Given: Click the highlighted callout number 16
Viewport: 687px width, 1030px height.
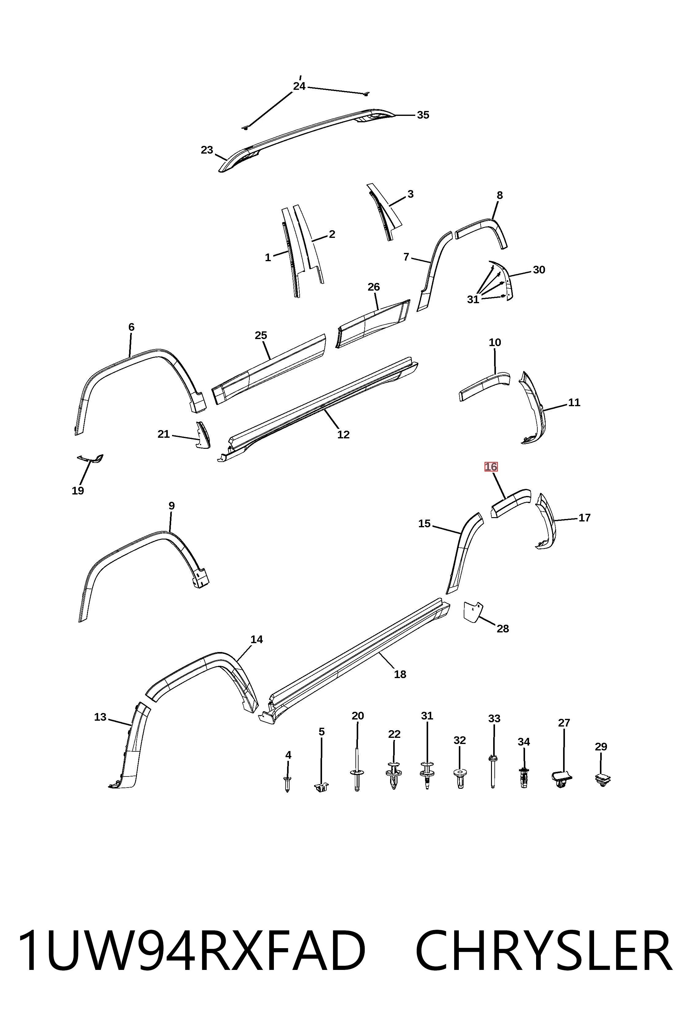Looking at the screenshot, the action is coord(491,467).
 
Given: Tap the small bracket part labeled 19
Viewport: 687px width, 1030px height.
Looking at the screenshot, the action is coord(91,459).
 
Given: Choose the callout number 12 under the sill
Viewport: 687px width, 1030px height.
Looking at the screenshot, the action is coord(343,434).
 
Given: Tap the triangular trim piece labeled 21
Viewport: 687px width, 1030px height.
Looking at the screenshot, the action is coord(202,435).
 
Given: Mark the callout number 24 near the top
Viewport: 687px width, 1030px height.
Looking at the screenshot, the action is coord(299,86).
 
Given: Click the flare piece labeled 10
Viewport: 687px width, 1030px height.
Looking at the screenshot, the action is coord(484,386).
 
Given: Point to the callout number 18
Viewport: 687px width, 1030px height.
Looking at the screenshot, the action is coord(400,674).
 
